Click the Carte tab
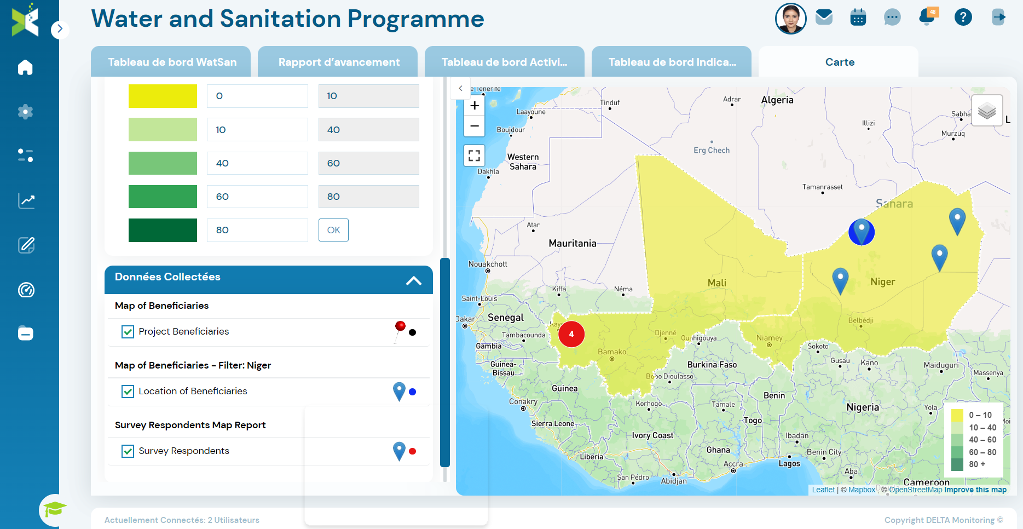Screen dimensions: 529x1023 point(839,62)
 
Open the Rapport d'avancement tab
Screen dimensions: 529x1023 point(338,62)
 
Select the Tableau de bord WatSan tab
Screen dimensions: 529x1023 point(172,62)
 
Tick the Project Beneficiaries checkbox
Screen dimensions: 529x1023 point(128,332)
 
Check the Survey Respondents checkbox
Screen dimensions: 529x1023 point(128,451)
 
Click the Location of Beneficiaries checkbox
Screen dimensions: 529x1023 point(128,392)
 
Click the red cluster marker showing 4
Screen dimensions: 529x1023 point(571,334)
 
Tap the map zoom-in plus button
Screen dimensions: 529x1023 point(475,106)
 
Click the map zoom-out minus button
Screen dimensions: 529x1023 point(475,126)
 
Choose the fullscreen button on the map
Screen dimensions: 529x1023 point(475,156)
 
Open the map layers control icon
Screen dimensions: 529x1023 point(987,111)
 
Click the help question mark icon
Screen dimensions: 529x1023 point(963,18)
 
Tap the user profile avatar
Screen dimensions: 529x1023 point(790,18)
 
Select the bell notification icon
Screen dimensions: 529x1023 point(927,17)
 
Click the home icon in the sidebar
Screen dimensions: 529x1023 point(25,67)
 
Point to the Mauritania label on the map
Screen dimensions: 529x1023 point(573,244)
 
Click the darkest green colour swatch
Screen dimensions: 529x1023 point(163,230)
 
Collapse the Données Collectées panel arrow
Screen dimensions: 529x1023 point(414,280)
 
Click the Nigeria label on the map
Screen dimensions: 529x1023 point(863,407)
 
